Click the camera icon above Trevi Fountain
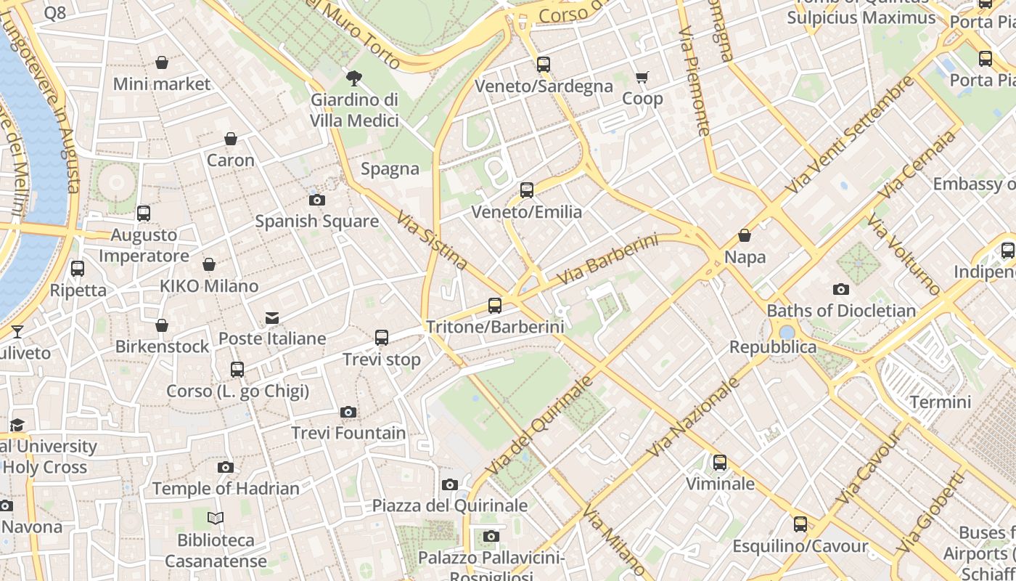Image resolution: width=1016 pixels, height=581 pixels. [348, 413]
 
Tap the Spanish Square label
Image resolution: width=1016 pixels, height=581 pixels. [316, 221]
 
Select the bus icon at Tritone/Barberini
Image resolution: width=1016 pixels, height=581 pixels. [495, 306]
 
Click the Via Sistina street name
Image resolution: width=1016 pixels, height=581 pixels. [432, 240]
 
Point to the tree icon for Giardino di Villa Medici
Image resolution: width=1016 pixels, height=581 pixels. [354, 78]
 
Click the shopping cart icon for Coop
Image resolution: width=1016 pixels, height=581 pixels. [642, 77]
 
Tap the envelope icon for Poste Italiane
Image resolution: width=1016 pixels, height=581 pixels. [272, 317]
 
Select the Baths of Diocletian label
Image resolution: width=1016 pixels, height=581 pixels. [841, 311]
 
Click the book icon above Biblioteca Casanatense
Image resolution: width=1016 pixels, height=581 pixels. [216, 519]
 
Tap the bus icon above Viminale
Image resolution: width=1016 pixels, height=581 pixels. [719, 463]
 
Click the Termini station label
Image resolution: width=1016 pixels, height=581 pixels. [940, 402]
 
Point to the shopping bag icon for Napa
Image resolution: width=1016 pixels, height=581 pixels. [745, 236]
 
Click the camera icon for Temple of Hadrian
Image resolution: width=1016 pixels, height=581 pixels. [226, 467]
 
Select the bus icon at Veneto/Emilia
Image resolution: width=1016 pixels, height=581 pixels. [527, 190]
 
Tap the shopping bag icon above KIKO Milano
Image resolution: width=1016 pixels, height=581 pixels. [209, 265]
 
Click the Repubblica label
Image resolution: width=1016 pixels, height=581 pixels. [773, 347]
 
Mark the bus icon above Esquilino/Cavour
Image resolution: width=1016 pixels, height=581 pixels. [800, 524]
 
